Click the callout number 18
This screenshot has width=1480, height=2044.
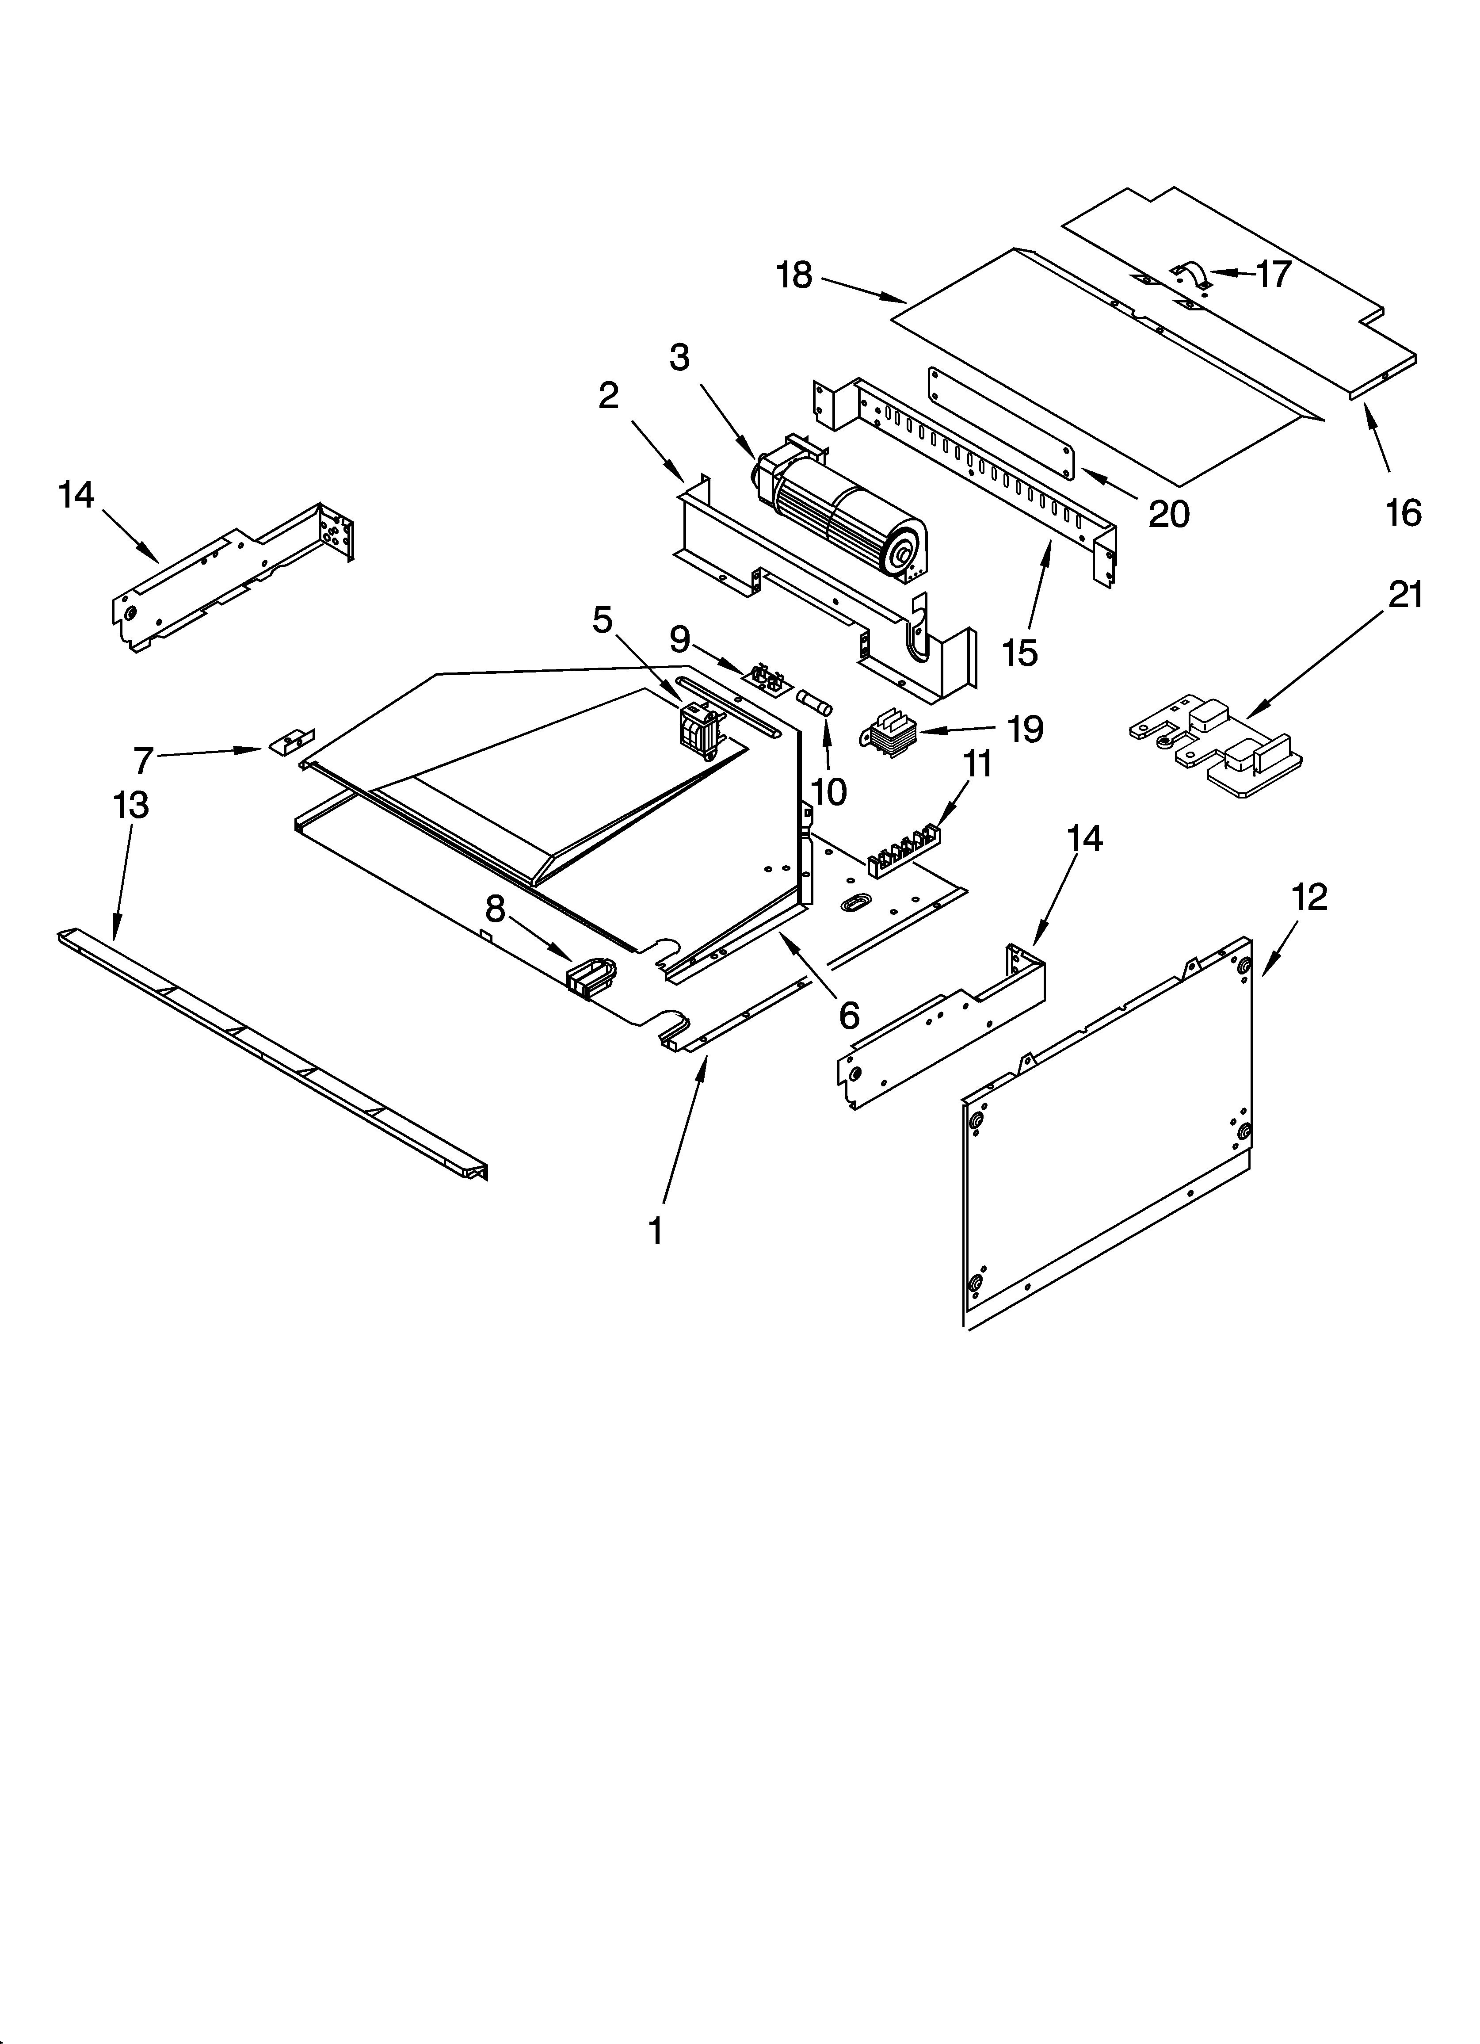click(794, 276)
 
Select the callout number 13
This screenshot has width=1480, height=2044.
click(131, 805)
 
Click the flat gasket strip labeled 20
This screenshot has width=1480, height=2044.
click(1000, 424)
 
